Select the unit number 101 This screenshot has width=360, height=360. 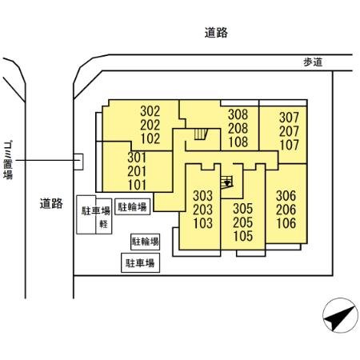138,185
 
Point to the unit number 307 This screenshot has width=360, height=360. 289,118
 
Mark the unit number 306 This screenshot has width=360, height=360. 286,195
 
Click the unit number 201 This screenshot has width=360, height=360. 138,171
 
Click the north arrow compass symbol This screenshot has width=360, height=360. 340,319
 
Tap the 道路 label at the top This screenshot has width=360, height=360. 216,33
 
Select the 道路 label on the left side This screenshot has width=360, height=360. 50,203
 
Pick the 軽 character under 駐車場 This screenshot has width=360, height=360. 103,224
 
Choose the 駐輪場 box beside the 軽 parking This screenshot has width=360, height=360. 132,207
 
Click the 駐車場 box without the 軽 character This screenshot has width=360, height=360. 138,262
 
